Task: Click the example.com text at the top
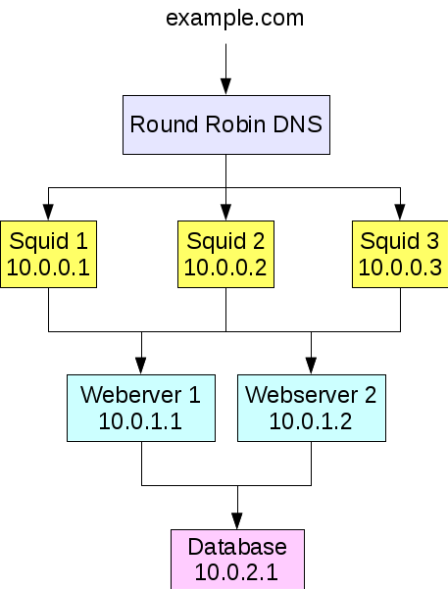point(234,19)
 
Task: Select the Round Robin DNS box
point(226,124)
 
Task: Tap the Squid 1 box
point(48,254)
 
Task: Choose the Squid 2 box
point(225,254)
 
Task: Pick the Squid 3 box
point(400,254)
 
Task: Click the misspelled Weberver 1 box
point(141,408)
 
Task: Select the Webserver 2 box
point(312,408)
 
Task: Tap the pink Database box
point(237,559)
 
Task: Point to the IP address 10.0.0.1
point(48,268)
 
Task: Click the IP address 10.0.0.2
point(225,268)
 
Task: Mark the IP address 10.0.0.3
point(400,268)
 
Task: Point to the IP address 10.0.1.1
point(140,421)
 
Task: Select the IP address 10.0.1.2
point(311,421)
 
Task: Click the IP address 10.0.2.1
point(236,573)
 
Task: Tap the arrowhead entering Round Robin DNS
point(225,86)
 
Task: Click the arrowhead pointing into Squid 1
point(48,213)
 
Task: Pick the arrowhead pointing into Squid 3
point(400,213)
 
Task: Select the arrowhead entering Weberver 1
point(141,366)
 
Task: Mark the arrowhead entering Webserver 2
point(311,366)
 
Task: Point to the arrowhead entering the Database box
point(237,521)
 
